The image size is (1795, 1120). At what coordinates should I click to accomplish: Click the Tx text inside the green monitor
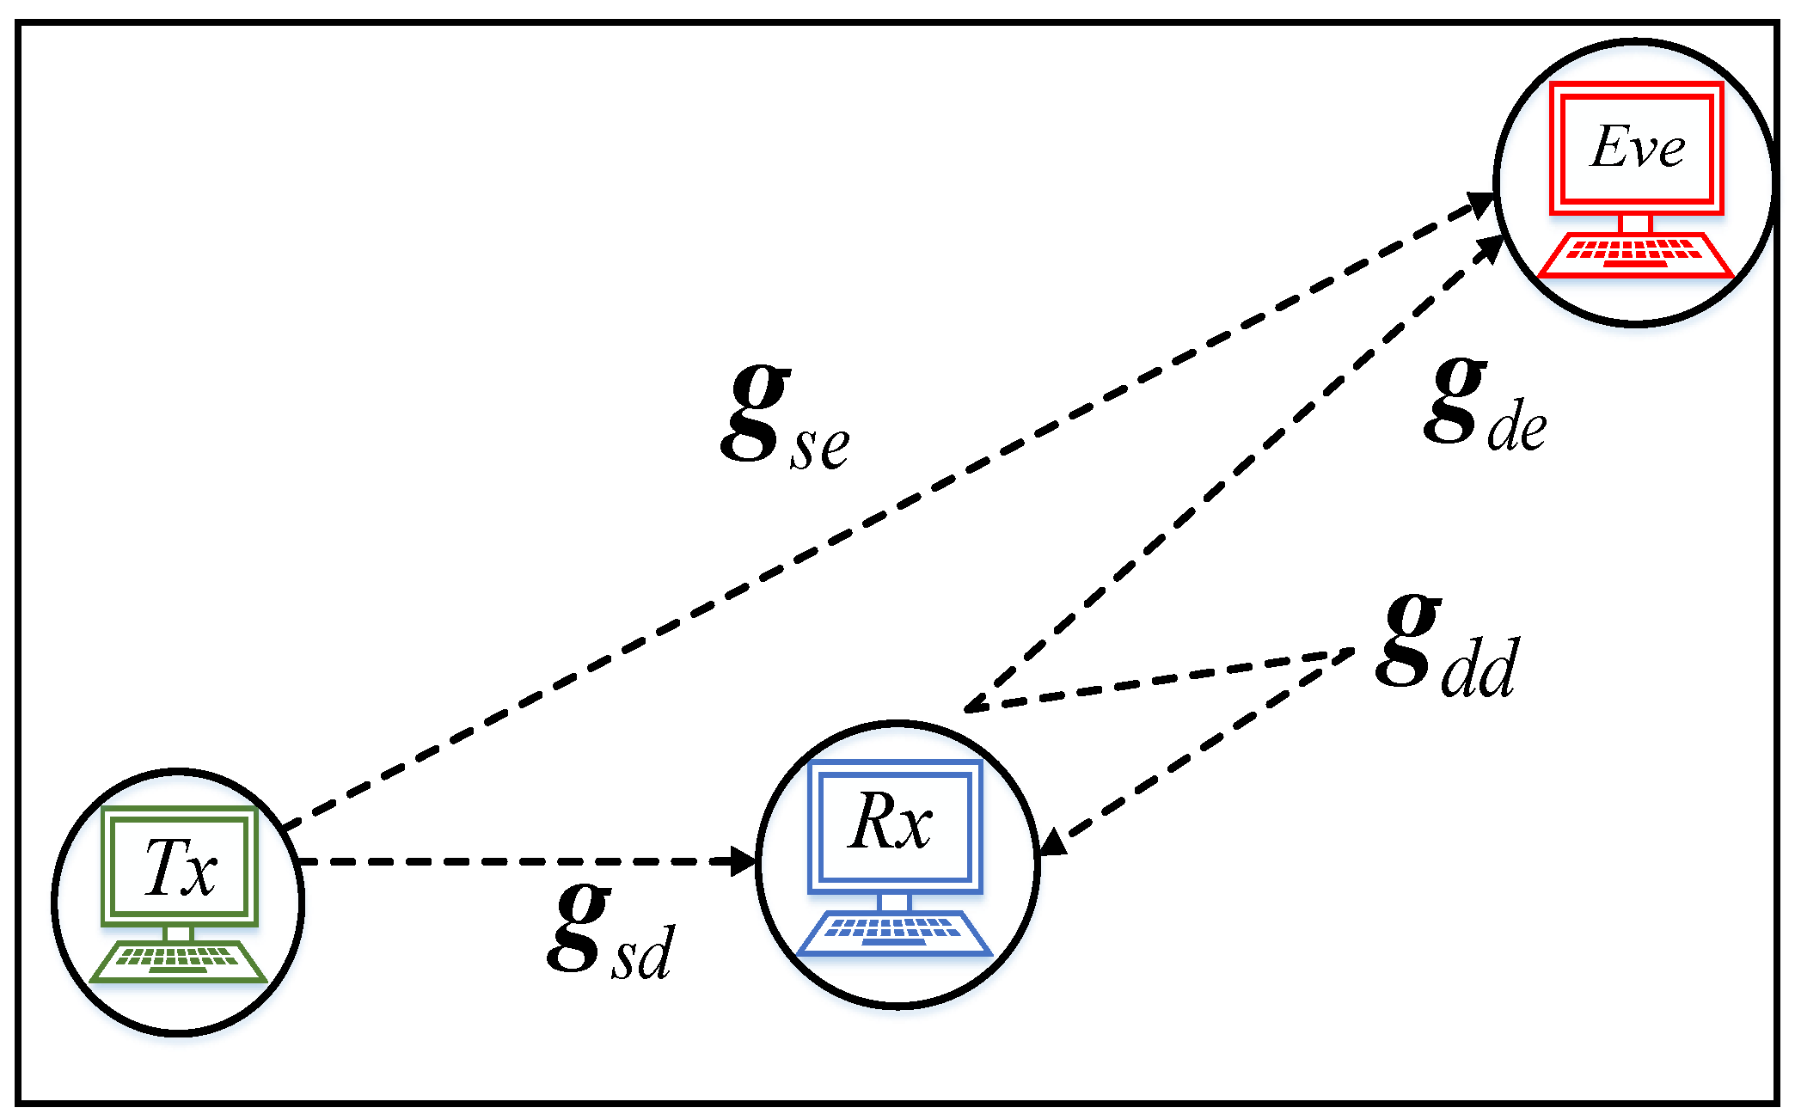pyautogui.click(x=180, y=867)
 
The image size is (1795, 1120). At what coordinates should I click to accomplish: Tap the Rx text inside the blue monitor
pyautogui.click(x=891, y=822)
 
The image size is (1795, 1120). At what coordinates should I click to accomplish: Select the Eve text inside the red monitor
pyautogui.click(x=1637, y=147)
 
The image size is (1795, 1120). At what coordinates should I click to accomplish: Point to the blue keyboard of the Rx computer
pyautogui.click(x=894, y=933)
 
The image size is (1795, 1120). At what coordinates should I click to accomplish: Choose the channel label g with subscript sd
pyautogui.click(x=610, y=933)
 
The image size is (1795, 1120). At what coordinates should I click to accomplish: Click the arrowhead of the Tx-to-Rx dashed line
pyautogui.click(x=742, y=861)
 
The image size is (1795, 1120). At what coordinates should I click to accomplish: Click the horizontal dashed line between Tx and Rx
pyautogui.click(x=516, y=861)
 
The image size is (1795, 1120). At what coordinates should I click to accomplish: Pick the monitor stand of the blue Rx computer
pyautogui.click(x=894, y=903)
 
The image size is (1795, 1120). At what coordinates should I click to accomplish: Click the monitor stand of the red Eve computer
pyautogui.click(x=1635, y=224)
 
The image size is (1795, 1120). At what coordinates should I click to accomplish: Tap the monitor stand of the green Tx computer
pyautogui.click(x=179, y=933)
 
